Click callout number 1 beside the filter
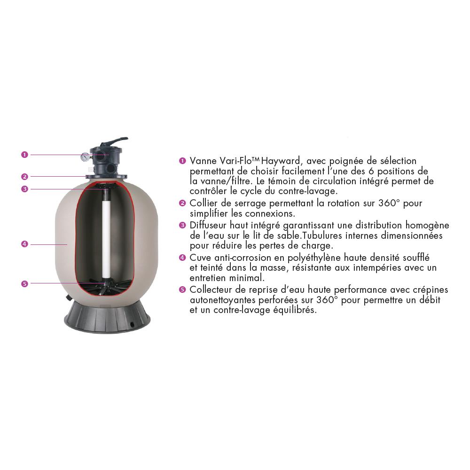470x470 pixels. pos(24,155)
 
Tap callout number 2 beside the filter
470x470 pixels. pos(24,177)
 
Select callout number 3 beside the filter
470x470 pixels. pos(24,189)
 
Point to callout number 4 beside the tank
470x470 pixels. pos(24,244)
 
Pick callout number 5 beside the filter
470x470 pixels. pos(24,283)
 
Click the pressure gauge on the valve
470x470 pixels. pos(85,157)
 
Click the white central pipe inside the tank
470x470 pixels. pos(106,240)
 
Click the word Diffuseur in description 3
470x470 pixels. pos(208,225)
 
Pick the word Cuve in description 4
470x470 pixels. pos(200,258)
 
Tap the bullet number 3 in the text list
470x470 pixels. pos(182,225)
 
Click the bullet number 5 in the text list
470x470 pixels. pos(182,290)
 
